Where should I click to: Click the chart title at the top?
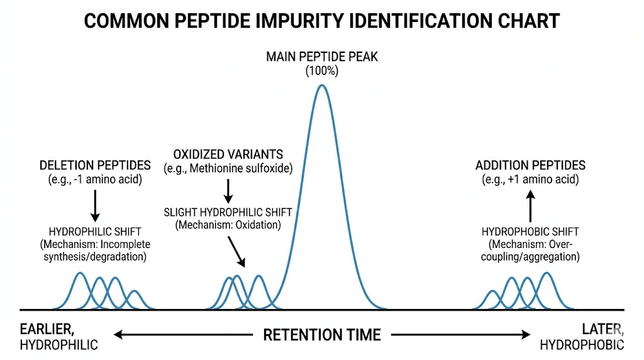(321, 21)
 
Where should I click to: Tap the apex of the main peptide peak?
(321, 86)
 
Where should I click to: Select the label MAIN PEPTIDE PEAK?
(321, 57)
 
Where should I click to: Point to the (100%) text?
(321, 71)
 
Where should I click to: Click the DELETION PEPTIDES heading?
(95, 166)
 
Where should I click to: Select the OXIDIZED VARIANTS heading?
(228, 154)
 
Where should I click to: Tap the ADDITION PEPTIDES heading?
(530, 166)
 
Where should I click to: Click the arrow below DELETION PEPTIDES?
(95, 203)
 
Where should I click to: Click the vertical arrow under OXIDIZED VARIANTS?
(228, 189)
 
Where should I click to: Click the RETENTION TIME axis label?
(321, 334)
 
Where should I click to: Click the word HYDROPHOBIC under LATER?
(582, 344)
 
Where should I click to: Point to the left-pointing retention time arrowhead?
(117, 335)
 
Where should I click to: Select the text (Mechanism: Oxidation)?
(228, 225)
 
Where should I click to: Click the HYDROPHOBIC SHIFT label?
(530, 232)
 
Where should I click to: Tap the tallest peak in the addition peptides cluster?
(547, 274)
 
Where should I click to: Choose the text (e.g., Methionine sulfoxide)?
(228, 168)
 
